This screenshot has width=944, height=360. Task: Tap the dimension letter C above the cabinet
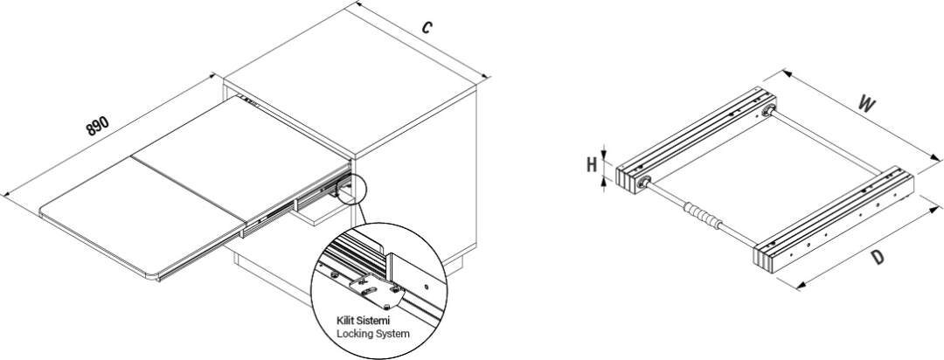click(426, 27)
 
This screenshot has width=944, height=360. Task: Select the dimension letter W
click(865, 104)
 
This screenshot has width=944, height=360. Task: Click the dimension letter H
click(591, 163)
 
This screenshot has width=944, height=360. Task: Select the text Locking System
click(372, 334)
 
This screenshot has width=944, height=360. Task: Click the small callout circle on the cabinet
click(353, 185)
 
